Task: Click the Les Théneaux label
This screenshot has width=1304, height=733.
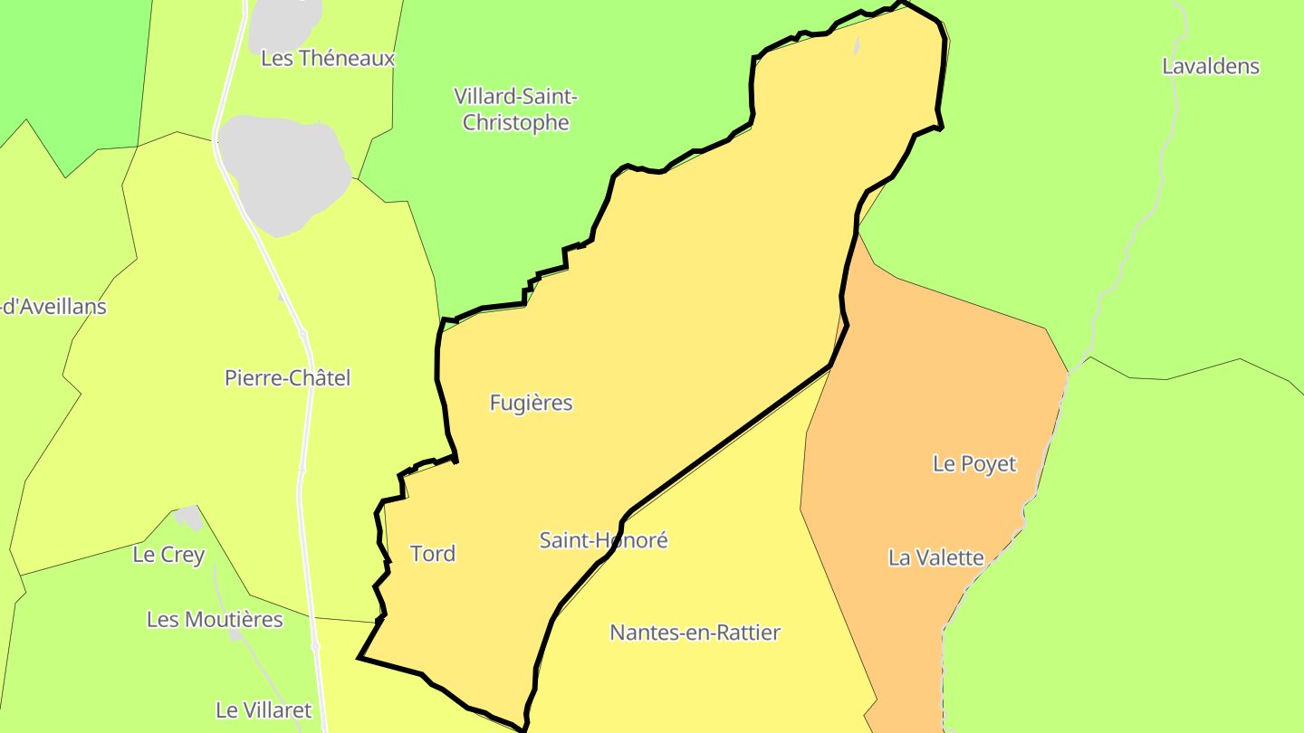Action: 328,58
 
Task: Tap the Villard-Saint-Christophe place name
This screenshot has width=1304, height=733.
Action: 515,109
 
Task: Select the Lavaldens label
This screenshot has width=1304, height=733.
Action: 1211,66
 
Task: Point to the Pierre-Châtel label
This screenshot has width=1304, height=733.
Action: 287,377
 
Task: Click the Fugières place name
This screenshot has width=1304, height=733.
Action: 531,403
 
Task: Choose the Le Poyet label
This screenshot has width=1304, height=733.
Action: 974,463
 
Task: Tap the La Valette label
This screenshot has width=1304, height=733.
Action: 935,557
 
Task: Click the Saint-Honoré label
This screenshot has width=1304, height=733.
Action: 603,540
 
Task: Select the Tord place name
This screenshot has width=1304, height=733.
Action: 433,553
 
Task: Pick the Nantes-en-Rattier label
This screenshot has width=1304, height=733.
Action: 695,633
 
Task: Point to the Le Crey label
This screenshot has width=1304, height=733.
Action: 168,555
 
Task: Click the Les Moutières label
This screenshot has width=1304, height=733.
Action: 215,620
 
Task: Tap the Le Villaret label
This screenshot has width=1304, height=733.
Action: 264,710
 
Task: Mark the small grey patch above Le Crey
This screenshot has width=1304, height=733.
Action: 189,518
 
